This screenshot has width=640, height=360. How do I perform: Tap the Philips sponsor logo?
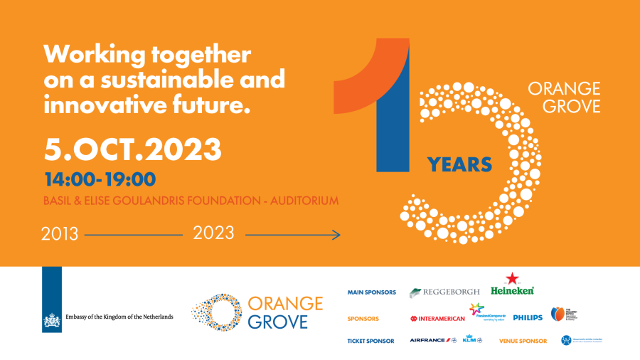click(528, 318)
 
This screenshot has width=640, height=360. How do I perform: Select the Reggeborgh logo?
click(444, 292)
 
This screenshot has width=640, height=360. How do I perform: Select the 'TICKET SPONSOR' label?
click(370, 341)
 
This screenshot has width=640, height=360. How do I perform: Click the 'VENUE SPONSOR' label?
click(522, 341)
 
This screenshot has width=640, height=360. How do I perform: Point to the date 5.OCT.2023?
click(133, 149)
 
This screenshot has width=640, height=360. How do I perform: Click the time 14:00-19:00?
click(100, 179)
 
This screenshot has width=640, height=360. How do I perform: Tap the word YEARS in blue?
click(459, 165)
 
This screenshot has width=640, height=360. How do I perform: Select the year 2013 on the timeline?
click(60, 234)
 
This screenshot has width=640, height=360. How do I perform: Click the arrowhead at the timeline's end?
click(337, 234)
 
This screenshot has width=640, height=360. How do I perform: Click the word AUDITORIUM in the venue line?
click(298, 201)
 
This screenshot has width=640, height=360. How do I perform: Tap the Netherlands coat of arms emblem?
click(52, 321)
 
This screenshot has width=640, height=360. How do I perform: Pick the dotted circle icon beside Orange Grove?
click(218, 312)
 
